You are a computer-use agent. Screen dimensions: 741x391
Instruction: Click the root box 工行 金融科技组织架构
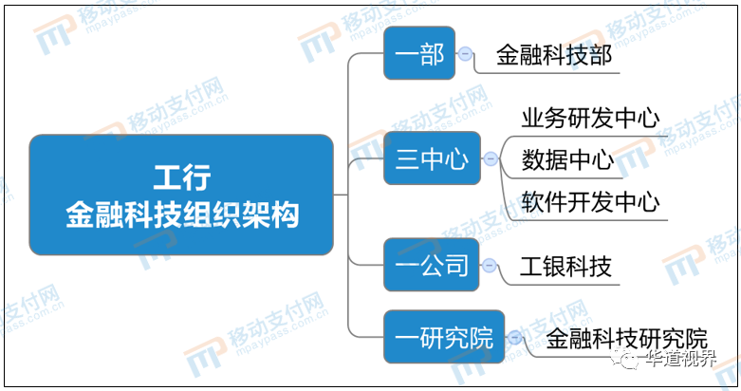181,195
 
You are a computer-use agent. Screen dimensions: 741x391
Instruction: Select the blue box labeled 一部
419,53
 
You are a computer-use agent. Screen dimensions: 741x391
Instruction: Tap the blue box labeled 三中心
432,158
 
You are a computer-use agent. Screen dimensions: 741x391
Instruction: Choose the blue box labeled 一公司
432,265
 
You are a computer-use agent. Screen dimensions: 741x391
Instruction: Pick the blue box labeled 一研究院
444,337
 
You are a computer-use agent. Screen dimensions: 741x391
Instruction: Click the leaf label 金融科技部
554,55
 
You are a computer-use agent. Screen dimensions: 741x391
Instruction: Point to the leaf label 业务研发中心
591,118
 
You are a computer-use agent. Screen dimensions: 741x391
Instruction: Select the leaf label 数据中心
567,159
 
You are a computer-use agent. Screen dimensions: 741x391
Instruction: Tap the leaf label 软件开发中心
591,202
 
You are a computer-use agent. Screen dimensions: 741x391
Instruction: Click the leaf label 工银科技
566,267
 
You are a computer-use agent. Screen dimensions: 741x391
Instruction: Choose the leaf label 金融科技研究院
626,339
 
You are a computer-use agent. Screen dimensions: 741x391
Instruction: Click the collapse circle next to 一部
465,53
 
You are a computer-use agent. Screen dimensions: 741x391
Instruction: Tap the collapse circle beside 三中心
491,158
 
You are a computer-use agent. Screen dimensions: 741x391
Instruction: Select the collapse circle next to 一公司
490,265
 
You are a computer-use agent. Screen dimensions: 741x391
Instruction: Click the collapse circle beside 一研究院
514,337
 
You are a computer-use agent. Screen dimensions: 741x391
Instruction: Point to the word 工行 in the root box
182,177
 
